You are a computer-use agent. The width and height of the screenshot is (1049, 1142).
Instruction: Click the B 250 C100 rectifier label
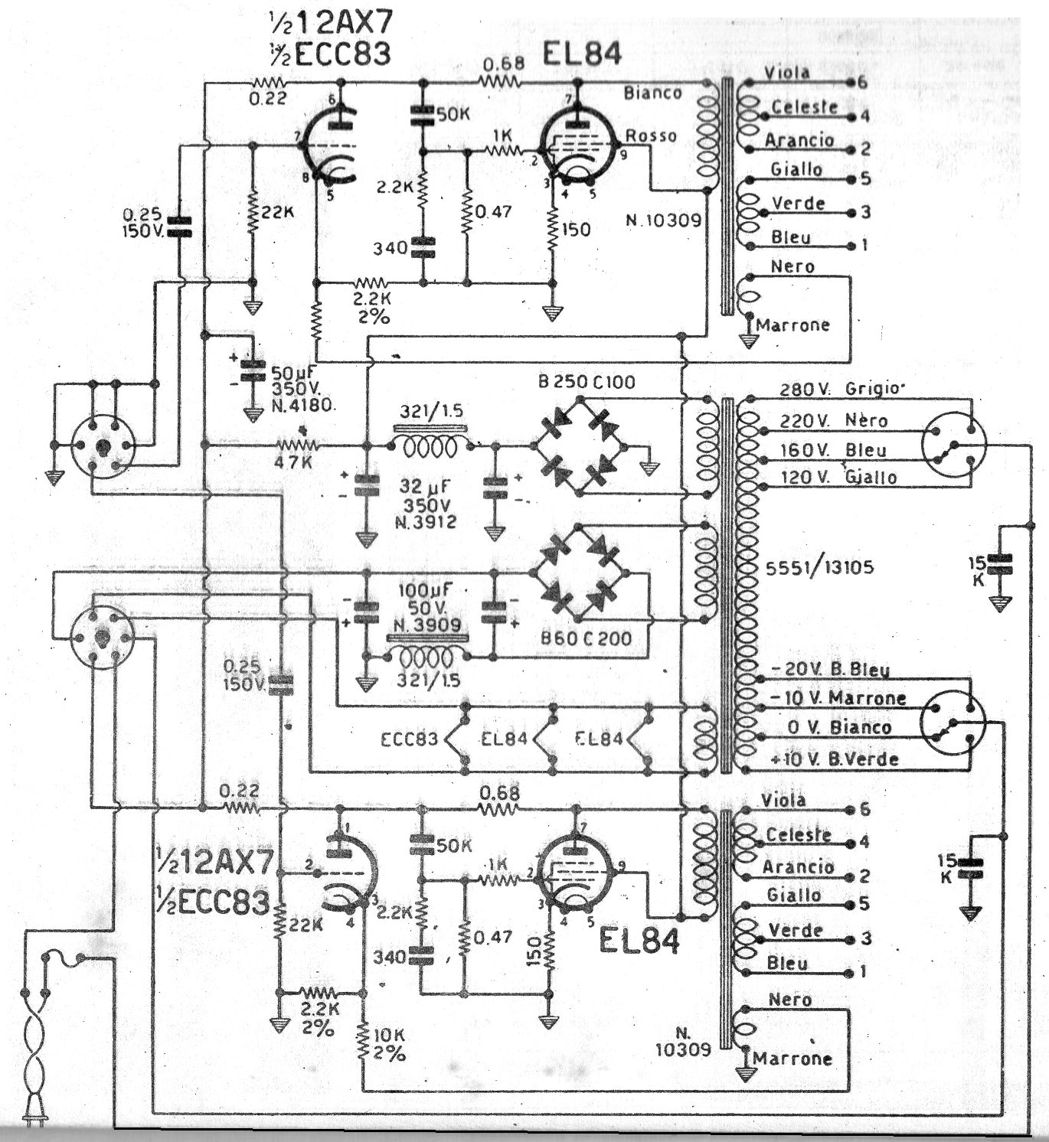(586, 382)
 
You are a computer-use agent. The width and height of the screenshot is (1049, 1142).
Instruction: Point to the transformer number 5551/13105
(819, 568)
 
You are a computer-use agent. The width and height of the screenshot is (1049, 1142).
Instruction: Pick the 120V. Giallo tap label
(838, 477)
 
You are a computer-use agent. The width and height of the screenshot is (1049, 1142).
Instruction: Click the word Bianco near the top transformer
(652, 93)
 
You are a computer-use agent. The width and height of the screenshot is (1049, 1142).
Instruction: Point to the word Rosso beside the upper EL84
(651, 136)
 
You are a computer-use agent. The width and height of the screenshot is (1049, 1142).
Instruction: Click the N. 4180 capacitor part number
(302, 405)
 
